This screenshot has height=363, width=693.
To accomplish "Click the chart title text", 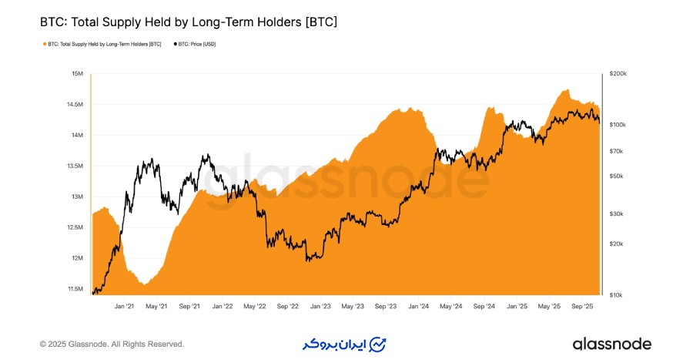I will pyautogui.click(x=189, y=22).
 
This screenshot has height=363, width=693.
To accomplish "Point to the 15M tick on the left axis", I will pyautogui.click(x=77, y=74).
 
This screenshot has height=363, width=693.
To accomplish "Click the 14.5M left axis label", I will pyautogui.click(x=75, y=105).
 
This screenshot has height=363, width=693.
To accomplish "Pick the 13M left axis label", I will pyautogui.click(x=77, y=197).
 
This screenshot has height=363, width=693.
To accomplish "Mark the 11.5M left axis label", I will pyautogui.click(x=75, y=289).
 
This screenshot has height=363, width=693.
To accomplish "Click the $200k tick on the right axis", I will pyautogui.click(x=618, y=74).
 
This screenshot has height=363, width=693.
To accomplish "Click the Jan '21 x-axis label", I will pyautogui.click(x=125, y=306).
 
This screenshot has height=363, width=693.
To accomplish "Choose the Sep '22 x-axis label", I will pyautogui.click(x=286, y=306).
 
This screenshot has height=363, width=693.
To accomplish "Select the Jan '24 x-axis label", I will pyautogui.click(x=419, y=306).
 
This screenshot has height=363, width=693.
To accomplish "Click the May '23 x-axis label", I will pyautogui.click(x=353, y=306).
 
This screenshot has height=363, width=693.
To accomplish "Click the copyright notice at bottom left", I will pyautogui.click(x=112, y=344).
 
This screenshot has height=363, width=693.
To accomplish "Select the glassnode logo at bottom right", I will pyautogui.click(x=612, y=344).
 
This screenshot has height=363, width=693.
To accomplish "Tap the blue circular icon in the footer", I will pyautogui.click(x=378, y=344).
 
